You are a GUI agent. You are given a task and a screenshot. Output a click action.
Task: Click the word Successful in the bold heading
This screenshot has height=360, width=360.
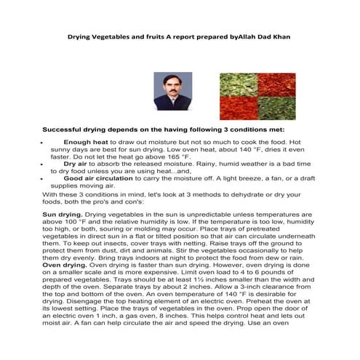point(68,127)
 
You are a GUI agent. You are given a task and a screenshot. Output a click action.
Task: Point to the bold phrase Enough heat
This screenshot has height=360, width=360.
point(86,143)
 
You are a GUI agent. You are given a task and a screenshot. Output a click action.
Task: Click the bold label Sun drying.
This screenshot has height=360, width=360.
point(63,215)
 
